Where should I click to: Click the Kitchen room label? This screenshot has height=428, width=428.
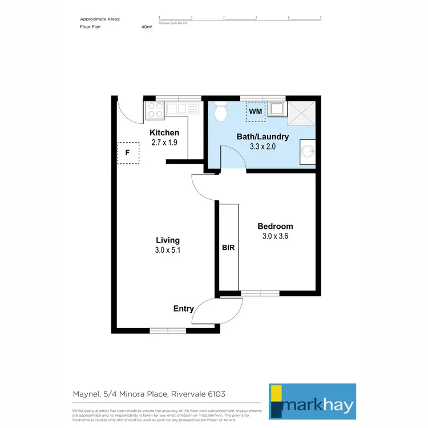(164, 133)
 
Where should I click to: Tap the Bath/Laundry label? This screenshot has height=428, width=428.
(263, 137)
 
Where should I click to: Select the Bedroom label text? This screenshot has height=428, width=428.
(274, 226)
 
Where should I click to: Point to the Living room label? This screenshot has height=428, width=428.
(168, 240)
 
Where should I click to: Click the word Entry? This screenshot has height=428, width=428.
(184, 309)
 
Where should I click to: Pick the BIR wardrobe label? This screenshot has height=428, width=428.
(228, 248)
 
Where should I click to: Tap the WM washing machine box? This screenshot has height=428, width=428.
(255, 111)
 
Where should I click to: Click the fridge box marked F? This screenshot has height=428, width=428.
(128, 152)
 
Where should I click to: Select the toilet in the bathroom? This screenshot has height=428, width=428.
(221, 112)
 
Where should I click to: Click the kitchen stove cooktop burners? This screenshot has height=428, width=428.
(155, 109)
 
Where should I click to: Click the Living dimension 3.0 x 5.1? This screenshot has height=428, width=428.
(168, 250)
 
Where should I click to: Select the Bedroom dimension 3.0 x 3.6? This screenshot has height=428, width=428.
(274, 236)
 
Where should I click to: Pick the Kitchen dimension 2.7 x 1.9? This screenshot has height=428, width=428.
(164, 143)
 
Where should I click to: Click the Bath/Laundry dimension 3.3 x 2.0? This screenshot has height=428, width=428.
(263, 147)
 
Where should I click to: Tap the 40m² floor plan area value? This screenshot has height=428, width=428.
(147, 26)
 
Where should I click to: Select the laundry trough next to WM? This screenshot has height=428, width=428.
(277, 109)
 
